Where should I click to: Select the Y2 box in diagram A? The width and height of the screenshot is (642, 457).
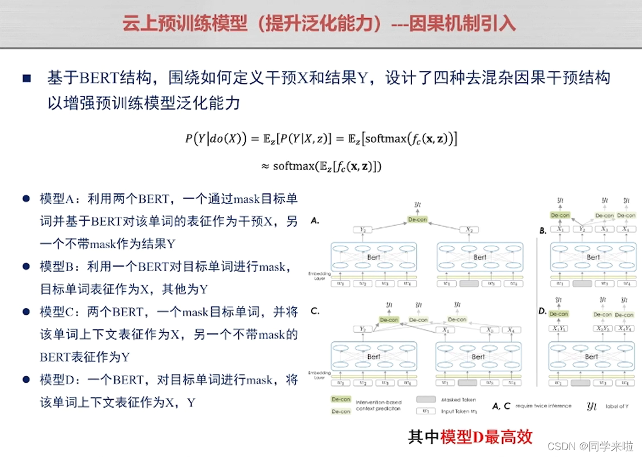(x=363, y=230)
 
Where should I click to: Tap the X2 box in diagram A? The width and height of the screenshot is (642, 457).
(x=469, y=230)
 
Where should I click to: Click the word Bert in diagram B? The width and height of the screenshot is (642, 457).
(x=593, y=257)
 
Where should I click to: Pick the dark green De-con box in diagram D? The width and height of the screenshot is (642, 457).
(x=558, y=314)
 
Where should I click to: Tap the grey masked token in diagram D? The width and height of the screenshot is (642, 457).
(x=581, y=383)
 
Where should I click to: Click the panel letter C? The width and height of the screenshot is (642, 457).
(x=315, y=311)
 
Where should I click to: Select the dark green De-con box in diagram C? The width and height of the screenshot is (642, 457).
(x=390, y=320)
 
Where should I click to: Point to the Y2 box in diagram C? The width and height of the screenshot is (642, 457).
(x=363, y=329)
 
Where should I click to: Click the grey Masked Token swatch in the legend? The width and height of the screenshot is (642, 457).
(x=426, y=399)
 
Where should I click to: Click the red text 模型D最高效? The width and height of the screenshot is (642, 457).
(x=487, y=437)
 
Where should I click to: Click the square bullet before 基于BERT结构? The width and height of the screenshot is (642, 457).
(x=27, y=78)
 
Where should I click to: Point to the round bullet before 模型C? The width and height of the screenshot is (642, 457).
(x=26, y=312)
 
